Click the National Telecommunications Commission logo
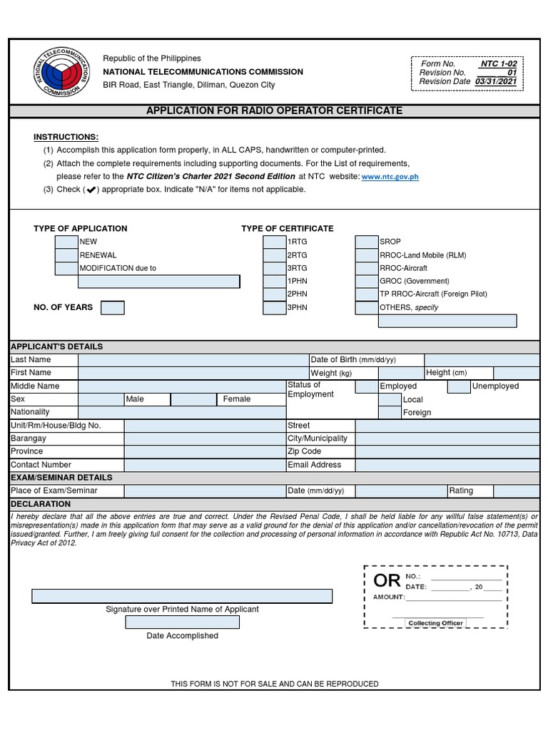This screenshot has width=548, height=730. tap(60, 73)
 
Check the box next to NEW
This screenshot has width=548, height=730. tap(66, 242)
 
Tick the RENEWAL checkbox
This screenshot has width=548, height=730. tap(66, 255)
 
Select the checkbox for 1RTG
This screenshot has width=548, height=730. tap(274, 242)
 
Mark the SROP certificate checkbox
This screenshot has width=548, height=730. tap(367, 242)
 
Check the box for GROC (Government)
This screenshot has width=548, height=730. tap(367, 282)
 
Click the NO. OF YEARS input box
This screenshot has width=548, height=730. tap(112, 308)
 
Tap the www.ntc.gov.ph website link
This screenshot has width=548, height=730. tap(390, 177)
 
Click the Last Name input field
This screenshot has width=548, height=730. tap(193, 360)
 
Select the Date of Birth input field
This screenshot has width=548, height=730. tap(482, 360)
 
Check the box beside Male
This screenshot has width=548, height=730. tap(101, 399)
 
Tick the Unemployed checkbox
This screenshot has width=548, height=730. tap(458, 386)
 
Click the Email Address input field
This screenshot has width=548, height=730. tap(447, 465)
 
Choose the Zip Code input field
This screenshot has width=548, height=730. tap(447, 452)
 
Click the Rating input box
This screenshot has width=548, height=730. tap(517, 491)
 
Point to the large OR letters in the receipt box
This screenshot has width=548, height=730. tap(387, 581)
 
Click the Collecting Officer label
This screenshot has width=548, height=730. tap(435, 623)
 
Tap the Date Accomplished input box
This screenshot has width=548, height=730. tap(183, 622)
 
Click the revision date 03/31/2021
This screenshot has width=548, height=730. tap(499, 81)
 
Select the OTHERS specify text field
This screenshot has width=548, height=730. tap(447, 322)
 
